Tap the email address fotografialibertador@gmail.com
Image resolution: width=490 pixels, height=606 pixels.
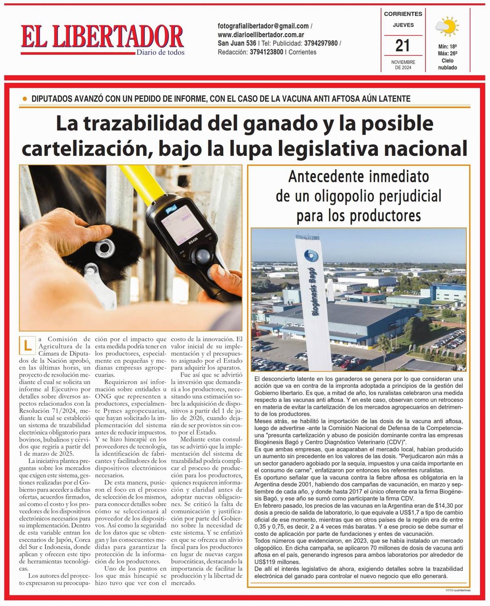pyautogui.click(x=263, y=26)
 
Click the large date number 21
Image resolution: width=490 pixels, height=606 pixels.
pyautogui.click(x=403, y=45)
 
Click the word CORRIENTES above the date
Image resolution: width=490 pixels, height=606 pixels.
pyautogui.click(x=403, y=14)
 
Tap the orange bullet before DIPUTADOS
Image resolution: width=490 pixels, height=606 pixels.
pyautogui.click(x=25, y=99)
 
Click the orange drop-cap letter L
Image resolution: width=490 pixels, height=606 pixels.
pyautogui.click(x=27, y=345)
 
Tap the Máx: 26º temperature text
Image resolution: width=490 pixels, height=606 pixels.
pyautogui.click(x=447, y=53)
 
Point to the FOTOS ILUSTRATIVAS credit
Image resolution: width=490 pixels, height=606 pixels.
pyautogui.click(x=458, y=590)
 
